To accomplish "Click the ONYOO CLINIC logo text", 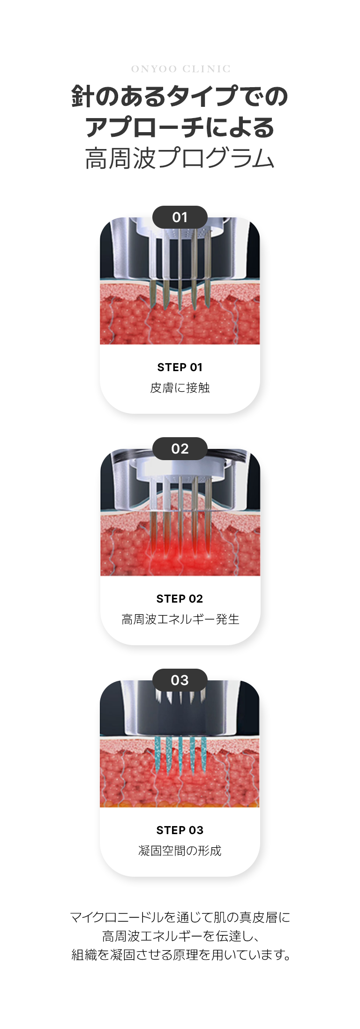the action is pyautogui.click(x=180, y=69).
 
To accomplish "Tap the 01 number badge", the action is pyautogui.click(x=180, y=217).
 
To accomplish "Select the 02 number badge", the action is pyautogui.click(x=180, y=448).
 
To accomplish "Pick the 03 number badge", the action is pyautogui.click(x=180, y=680).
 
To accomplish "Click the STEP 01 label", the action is pyautogui.click(x=180, y=367).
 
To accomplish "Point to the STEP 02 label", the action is pyautogui.click(x=180, y=599).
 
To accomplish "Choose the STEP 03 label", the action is pyautogui.click(x=180, y=830).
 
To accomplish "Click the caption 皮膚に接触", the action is pyautogui.click(x=180, y=388).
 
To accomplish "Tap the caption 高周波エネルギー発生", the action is pyautogui.click(x=180, y=619).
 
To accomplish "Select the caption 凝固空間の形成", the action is pyautogui.click(x=180, y=851).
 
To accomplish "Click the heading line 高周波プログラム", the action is pyautogui.click(x=180, y=158).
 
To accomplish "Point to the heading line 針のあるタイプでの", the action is pyautogui.click(x=180, y=96).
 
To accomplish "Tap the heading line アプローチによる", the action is pyautogui.click(x=180, y=127).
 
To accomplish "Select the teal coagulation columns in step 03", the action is pyautogui.click(x=180, y=754).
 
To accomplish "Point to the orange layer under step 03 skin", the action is pyautogui.click(x=180, y=805).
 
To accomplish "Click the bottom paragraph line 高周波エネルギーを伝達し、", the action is pyautogui.click(x=180, y=936).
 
